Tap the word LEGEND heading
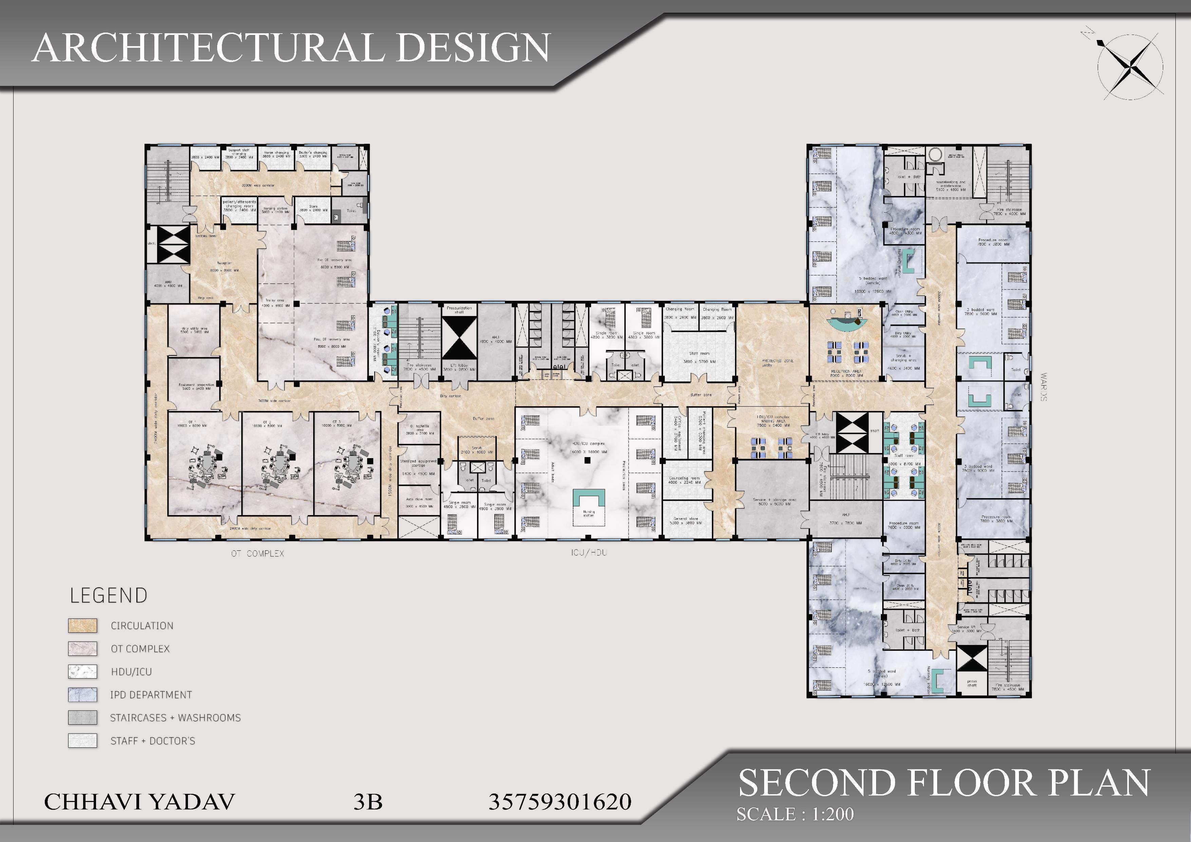point(109,596)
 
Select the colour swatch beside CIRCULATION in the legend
point(82,625)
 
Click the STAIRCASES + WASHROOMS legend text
point(175,718)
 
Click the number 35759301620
point(560,802)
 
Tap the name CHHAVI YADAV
point(139,802)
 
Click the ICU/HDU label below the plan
point(589,553)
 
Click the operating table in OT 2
point(280,462)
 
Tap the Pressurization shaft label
point(459,310)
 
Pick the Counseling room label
point(684,480)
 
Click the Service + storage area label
point(774,501)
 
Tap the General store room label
point(686,521)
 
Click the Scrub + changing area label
point(903,358)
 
